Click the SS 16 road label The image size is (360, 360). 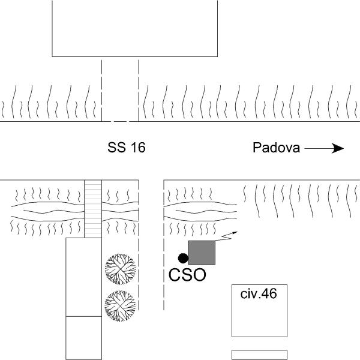coord(127,148)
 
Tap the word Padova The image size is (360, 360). coord(276,148)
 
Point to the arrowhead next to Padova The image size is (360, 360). coord(338,149)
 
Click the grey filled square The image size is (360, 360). coord(202,253)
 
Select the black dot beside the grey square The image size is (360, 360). coord(183,258)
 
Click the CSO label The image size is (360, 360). coord(187,275)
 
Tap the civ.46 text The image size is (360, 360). coord(259,293)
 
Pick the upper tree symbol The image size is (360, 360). coord(121,269)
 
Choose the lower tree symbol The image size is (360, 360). coord(121,306)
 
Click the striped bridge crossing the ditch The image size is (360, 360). coord(93,209)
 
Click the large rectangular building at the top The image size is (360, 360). coord(135,28)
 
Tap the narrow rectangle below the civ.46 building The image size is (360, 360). coord(259,355)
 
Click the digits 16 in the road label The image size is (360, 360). coord(139,148)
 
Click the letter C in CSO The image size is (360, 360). coord(175,275)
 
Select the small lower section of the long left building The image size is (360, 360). coord(84,338)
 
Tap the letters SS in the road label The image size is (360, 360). coord(117,148)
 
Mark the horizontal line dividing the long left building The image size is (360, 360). coord(84,316)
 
